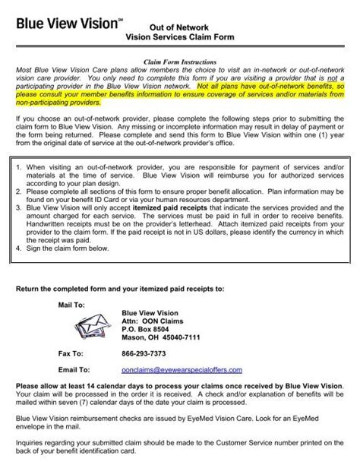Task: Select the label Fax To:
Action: pyautogui.click(x=72, y=353)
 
